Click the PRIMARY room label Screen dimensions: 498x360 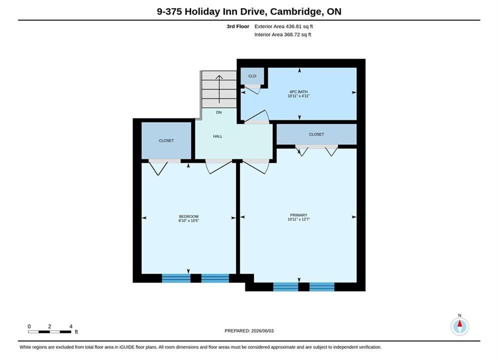[x=298, y=215]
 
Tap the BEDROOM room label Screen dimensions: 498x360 [x=189, y=216]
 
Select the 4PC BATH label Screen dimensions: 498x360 [x=298, y=91]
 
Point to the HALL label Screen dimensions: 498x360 [x=218, y=136]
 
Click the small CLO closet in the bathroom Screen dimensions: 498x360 [x=252, y=76]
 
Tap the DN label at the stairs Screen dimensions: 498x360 [x=219, y=112]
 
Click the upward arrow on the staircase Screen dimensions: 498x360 [x=219, y=89]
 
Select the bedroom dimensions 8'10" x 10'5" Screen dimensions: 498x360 [x=189, y=221]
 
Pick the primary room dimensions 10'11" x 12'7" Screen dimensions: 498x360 [x=298, y=219]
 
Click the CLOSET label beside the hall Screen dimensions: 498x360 [x=167, y=140]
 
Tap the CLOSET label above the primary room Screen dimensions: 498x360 [x=317, y=134]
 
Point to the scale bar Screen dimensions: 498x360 [x=50, y=332]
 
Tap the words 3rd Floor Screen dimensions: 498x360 [x=238, y=26]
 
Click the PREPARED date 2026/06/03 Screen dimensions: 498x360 [x=262, y=331]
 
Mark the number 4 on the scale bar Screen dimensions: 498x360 [x=71, y=326]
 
